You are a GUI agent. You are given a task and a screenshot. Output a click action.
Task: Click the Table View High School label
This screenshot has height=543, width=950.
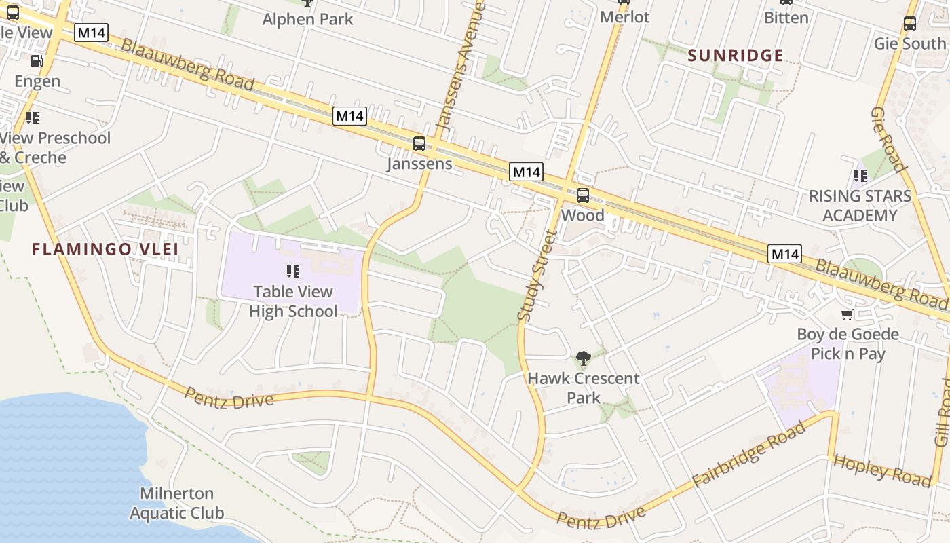[x=293, y=301]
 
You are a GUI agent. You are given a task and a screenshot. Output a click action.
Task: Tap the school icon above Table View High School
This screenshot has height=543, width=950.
[x=293, y=271]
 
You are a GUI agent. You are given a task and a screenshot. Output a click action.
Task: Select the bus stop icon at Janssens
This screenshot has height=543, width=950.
[x=419, y=144]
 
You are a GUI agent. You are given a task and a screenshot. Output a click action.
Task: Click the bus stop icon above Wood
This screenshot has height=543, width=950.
[x=583, y=195]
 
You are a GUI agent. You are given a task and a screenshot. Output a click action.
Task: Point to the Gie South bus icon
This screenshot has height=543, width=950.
[x=910, y=24]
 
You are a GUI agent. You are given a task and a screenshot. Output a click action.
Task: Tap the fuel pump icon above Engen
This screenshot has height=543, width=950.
[x=37, y=61]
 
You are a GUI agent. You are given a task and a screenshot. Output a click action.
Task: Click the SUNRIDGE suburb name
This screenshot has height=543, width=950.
[x=736, y=56]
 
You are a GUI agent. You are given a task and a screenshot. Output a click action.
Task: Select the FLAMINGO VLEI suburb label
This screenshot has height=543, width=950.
[x=105, y=249]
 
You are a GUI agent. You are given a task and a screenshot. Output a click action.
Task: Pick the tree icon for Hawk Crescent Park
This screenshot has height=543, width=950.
[x=583, y=358]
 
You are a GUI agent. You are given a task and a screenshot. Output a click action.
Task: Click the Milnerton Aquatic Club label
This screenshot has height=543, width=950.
[x=176, y=503]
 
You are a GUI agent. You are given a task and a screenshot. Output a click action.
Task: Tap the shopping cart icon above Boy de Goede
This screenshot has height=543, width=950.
[x=847, y=314]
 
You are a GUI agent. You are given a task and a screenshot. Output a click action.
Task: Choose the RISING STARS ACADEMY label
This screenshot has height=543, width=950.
[x=860, y=206]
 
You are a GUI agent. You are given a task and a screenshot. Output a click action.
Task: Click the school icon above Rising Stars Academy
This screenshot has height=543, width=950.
[x=860, y=176]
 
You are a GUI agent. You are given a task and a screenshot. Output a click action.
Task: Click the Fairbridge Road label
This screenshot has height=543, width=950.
[x=750, y=454]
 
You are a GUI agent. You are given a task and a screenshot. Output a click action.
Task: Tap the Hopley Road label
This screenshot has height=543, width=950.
[x=881, y=470]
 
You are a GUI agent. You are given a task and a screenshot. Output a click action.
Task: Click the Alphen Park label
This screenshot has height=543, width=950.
[x=308, y=19]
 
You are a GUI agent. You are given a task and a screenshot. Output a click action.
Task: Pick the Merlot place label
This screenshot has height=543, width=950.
[x=624, y=17]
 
